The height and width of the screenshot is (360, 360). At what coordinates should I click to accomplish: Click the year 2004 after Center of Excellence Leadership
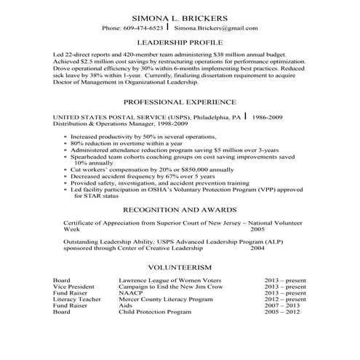(x=257, y=247)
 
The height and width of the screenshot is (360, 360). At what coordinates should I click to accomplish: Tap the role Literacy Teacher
(x=76, y=300)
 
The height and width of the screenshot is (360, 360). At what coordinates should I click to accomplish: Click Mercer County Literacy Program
(x=160, y=300)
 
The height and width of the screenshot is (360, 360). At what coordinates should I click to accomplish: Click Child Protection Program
(x=153, y=313)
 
